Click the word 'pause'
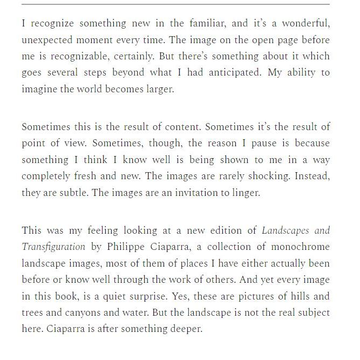(252, 144)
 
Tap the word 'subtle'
(73, 193)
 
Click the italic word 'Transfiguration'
(53, 247)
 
